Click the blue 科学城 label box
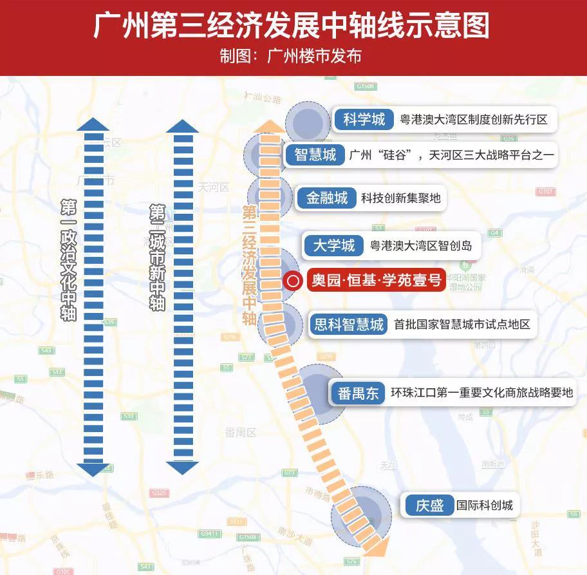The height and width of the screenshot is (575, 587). (364, 120)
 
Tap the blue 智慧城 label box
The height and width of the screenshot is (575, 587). (315, 155)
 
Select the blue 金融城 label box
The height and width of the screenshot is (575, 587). (326, 198)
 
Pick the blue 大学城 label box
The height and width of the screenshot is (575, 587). (333, 245)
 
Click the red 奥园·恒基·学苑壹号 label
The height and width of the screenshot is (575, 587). (376, 281)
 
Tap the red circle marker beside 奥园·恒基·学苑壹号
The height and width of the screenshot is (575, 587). (293, 281)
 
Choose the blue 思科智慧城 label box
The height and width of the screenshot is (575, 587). (348, 324)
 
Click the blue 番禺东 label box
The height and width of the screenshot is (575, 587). (358, 393)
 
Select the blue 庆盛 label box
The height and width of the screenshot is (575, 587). (429, 505)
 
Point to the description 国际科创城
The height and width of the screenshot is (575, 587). (485, 505)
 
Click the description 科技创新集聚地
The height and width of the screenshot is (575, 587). (400, 198)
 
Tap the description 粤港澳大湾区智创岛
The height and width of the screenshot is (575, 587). (421, 245)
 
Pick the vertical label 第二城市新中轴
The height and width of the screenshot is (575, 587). (156, 258)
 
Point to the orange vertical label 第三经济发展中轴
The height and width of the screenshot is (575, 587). (249, 265)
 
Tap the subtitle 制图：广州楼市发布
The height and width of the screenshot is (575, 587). (290, 56)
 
